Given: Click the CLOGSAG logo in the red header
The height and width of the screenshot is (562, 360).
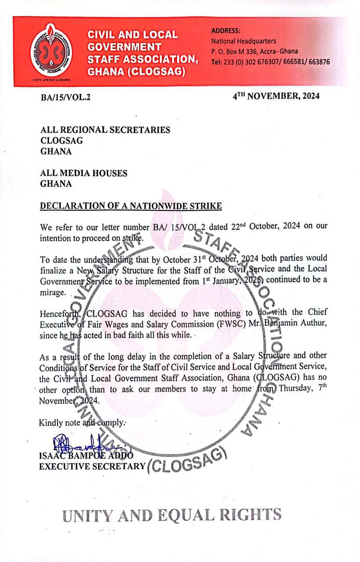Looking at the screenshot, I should point(51,52).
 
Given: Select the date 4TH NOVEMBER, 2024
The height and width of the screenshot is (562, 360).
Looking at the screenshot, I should point(276,96).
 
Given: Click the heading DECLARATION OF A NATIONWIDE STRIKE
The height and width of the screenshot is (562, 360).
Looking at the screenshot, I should point(131,205).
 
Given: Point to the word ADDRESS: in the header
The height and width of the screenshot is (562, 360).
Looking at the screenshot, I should point(226,31).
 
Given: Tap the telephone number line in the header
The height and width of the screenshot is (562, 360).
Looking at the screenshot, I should point(270,62).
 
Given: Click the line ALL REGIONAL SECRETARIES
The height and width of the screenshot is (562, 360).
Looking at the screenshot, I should point(105,130).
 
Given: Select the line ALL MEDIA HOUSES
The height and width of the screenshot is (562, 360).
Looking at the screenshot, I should point(84,173).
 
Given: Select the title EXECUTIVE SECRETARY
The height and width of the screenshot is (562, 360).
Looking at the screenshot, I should point(92,466).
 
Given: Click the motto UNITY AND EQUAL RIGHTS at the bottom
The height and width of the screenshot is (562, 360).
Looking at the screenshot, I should point(172,515).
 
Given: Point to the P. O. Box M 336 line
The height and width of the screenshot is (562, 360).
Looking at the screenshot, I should point(254,51).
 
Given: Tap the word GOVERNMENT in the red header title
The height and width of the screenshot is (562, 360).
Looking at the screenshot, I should point(124,46).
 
